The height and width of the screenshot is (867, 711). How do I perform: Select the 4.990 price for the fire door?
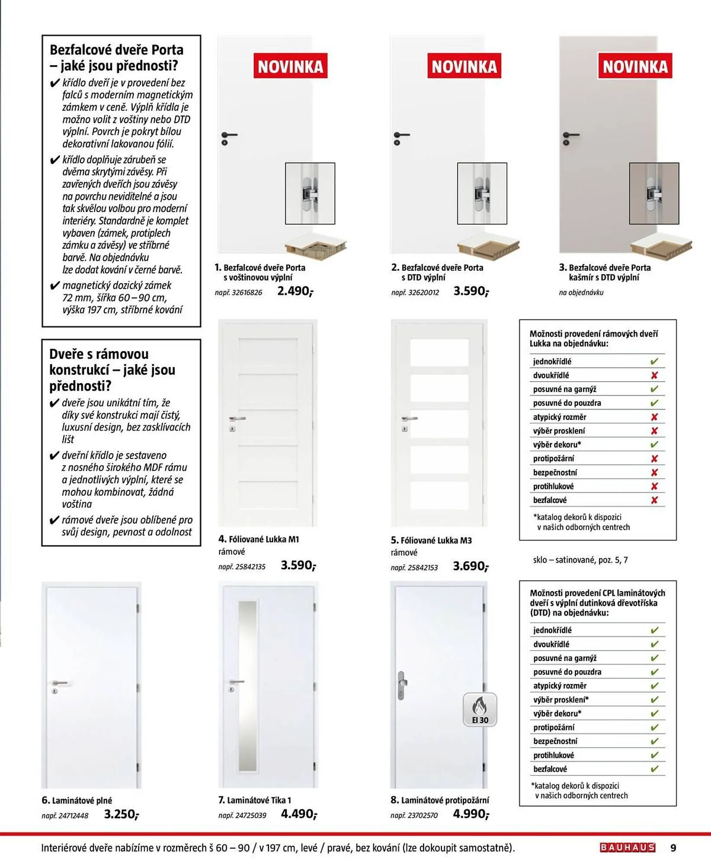click(x=471, y=814)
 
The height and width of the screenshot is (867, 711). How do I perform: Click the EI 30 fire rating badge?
click(x=480, y=710)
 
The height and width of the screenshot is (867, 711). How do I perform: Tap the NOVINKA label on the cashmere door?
click(x=635, y=66)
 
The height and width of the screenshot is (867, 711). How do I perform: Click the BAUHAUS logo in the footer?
click(x=627, y=847)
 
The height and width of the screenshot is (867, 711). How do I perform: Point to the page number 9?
click(x=673, y=848)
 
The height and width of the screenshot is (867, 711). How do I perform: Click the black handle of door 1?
click(x=229, y=136)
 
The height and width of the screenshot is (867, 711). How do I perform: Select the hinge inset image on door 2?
click(x=482, y=193)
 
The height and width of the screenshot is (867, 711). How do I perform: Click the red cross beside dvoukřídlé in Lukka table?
click(x=654, y=375)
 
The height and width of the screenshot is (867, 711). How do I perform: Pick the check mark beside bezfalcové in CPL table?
click(x=654, y=769)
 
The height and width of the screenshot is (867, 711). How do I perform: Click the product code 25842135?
click(x=242, y=567)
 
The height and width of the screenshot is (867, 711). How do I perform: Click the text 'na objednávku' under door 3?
click(x=581, y=293)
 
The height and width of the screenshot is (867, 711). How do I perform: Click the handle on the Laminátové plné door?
click(x=59, y=684)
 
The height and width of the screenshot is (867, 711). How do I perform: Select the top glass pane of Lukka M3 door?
click(x=439, y=352)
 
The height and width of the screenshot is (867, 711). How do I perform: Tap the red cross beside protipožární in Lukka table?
click(x=654, y=459)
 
